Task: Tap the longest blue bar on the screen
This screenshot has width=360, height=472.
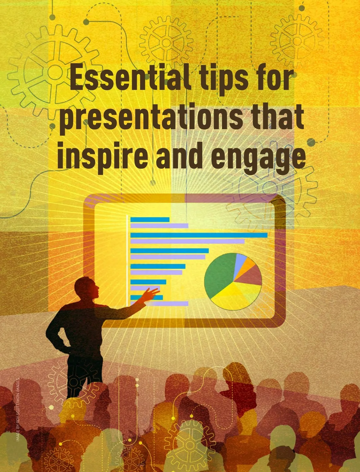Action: click(x=199, y=235)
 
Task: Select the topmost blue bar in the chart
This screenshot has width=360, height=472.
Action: click(x=150, y=220)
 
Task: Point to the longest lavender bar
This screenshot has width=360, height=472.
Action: click(x=187, y=242)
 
